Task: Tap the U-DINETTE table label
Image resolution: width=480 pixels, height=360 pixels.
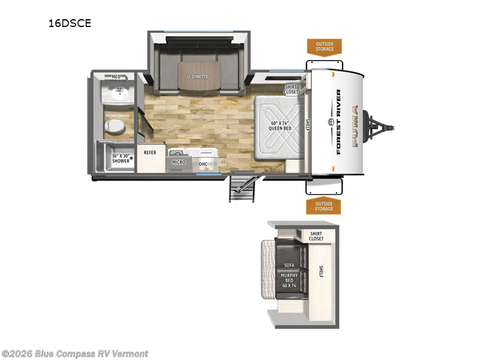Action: click(198, 77)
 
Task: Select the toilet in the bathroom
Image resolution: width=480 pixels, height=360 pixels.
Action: click(114, 126)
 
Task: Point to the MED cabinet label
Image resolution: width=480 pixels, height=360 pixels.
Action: click(116, 77)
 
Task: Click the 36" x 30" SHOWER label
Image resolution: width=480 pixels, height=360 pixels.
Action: click(122, 159)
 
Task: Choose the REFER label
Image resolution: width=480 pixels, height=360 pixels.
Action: click(149, 152)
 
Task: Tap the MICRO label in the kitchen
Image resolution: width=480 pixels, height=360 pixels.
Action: click(178, 163)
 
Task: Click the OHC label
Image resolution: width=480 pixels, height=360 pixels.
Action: click(203, 163)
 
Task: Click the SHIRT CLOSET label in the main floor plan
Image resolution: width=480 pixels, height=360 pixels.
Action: click(291, 89)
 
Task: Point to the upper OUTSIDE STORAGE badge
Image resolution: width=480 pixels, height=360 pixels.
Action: click(324, 47)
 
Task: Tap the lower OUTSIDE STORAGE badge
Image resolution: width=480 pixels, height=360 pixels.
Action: click(323, 206)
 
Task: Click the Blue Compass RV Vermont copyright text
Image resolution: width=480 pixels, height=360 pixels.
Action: click(74, 353)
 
